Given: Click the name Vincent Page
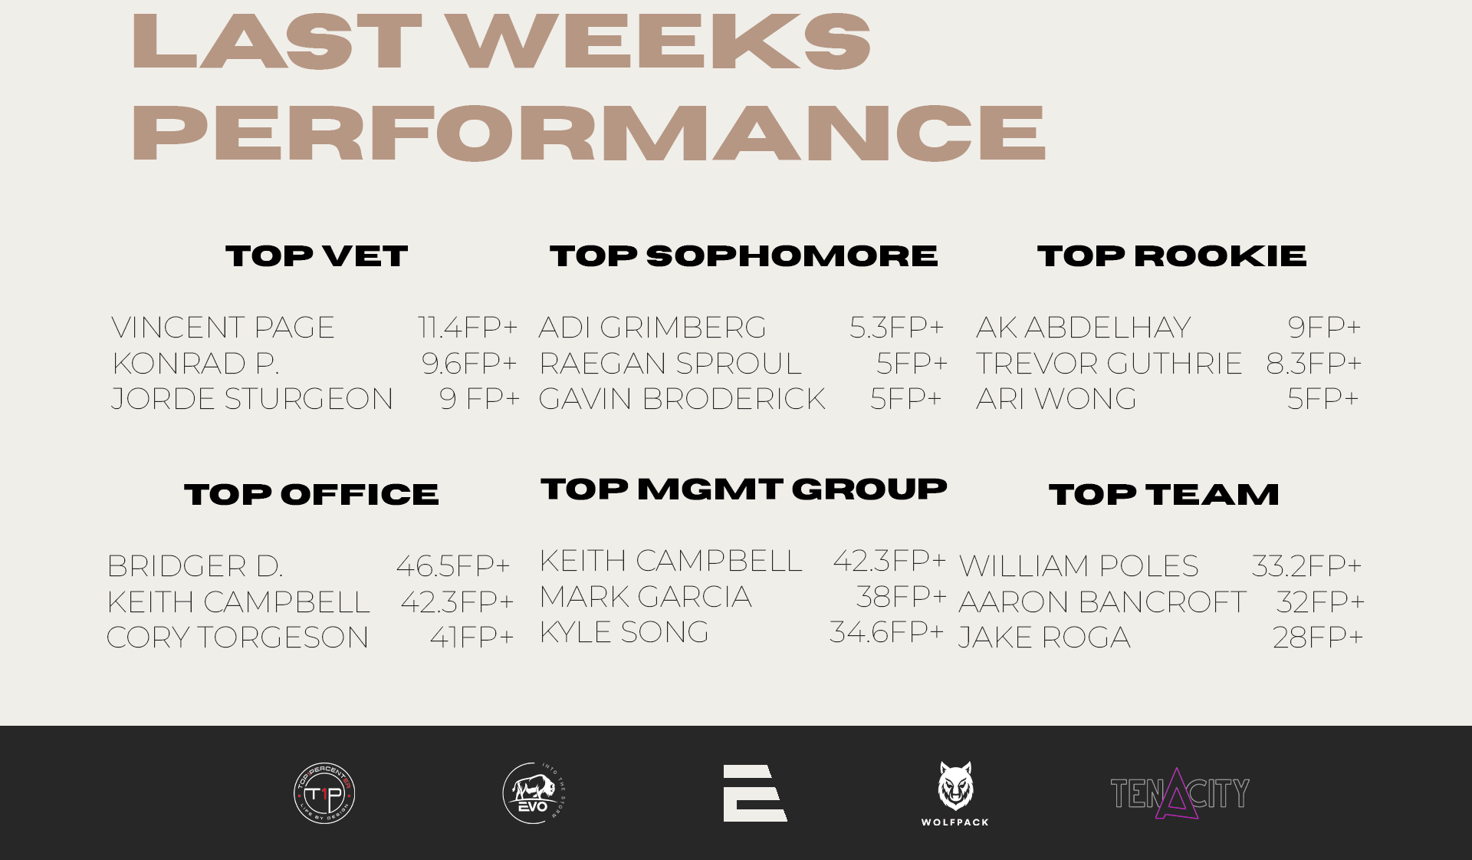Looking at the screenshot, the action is tap(223, 328).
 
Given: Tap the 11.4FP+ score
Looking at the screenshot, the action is tap(468, 328).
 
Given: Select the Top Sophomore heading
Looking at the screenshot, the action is tap(744, 256).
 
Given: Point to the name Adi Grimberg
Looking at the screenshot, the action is tap(652, 328).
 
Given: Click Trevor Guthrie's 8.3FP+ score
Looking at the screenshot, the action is tap(1314, 364).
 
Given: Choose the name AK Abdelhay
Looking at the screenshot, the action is tap(1083, 328).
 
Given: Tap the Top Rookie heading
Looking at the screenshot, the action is tap(1171, 256).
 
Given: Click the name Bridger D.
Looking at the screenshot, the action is tap(195, 566).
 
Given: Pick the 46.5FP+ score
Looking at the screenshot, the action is tap(453, 566).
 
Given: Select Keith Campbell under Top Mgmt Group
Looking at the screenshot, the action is tap(671, 561).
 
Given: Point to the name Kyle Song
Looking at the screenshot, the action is tap(624, 632).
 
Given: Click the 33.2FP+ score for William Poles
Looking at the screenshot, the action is tap(1307, 566).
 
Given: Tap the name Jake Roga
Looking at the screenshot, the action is tap(1044, 638).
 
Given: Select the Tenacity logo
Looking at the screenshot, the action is tap(1180, 793).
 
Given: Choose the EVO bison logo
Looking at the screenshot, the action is tap(534, 793).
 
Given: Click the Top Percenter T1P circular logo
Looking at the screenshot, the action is tap(324, 793).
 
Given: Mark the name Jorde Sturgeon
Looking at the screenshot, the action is tap(252, 399).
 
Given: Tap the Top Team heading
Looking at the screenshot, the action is tap(1164, 495).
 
